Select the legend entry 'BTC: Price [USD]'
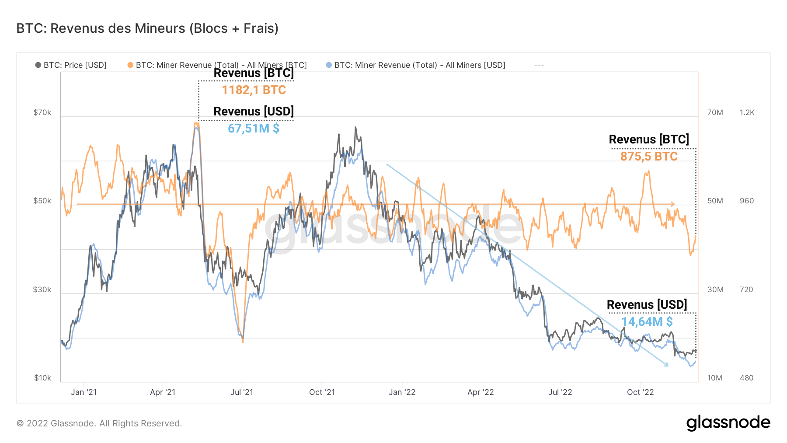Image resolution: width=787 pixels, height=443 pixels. click(x=75, y=65)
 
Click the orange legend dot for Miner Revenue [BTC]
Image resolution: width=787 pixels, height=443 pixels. click(x=130, y=65)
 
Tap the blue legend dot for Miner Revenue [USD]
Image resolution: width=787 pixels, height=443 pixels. click(x=329, y=65)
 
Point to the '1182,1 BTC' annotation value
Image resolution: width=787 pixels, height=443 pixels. click(x=254, y=90)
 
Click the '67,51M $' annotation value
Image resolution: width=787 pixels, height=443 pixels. click(x=254, y=129)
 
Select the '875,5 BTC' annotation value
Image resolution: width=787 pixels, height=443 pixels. click(x=649, y=157)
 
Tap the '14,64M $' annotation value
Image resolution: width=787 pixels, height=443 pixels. click(x=647, y=322)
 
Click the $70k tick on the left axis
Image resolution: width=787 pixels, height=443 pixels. click(x=42, y=112)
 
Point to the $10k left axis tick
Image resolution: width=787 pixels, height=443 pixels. click(x=42, y=378)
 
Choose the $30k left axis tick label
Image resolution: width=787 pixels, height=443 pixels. click(x=42, y=290)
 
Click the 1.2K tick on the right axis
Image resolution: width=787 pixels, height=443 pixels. click(x=747, y=112)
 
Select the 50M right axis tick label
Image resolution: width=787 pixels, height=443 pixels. click(x=715, y=201)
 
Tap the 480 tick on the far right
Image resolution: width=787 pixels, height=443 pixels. click(x=746, y=378)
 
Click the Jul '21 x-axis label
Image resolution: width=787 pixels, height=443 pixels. click(x=242, y=392)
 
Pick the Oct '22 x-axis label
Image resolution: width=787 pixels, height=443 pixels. click(x=640, y=392)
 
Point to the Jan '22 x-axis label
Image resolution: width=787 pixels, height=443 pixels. click(x=402, y=392)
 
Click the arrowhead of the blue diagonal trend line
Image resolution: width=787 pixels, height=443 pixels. click(x=666, y=364)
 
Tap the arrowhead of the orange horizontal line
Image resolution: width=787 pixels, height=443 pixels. click(x=673, y=204)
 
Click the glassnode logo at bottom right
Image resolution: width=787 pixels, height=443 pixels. click(x=728, y=423)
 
